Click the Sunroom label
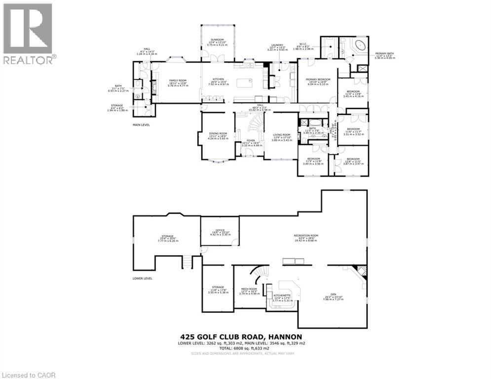[217, 39]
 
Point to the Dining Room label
[218, 133]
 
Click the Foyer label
[251, 141]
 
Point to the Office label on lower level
[220, 230]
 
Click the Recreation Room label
[305, 236]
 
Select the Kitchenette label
[282, 295]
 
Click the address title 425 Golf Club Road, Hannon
[245, 337]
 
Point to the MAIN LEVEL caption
[141, 125]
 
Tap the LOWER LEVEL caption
[142, 278]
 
